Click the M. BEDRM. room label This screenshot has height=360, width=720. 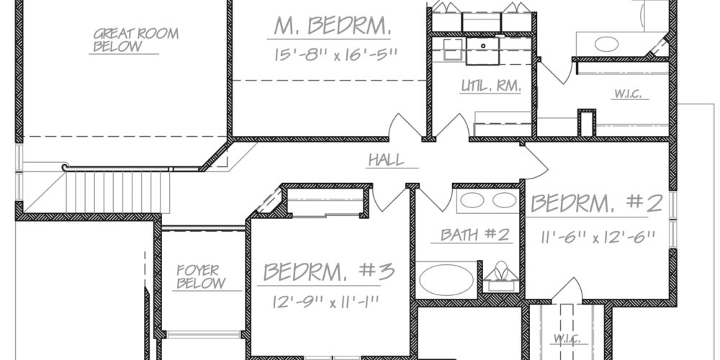pyautogui.click(x=333, y=25)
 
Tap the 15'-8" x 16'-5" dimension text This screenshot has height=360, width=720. pyautogui.click(x=336, y=55)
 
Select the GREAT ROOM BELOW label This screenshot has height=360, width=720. pyautogui.click(x=136, y=40)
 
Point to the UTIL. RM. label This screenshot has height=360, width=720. pyautogui.click(x=491, y=86)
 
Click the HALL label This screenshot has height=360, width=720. pyautogui.click(x=387, y=160)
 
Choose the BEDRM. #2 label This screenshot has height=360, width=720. pyautogui.click(x=596, y=203)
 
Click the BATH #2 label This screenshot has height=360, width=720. pyautogui.click(x=474, y=235)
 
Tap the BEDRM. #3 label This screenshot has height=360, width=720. pyautogui.click(x=329, y=272)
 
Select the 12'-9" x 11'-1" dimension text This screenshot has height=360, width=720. pyautogui.click(x=325, y=302)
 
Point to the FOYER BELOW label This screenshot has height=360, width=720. pyautogui.click(x=201, y=276)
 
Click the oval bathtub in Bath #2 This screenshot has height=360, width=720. pyautogui.click(x=446, y=279)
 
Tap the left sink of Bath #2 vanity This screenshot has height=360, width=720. pyautogui.click(x=472, y=200)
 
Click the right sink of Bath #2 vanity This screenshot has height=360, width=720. pyautogui.click(x=504, y=200)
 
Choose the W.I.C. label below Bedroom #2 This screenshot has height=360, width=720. pyautogui.click(x=567, y=339)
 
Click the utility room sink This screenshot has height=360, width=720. pyautogui.click(x=482, y=50)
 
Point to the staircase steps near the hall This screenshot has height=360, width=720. pyautogui.click(x=118, y=192)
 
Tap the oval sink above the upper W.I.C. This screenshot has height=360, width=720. pyautogui.click(x=606, y=44)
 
